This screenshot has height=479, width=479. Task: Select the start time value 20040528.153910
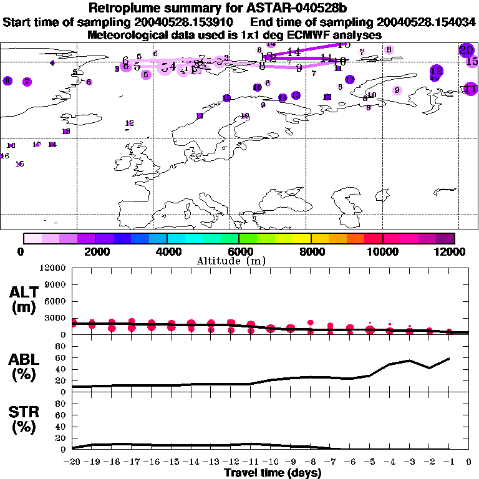183,22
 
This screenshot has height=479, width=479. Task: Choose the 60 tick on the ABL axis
61,358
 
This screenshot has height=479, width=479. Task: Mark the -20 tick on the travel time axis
72,462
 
